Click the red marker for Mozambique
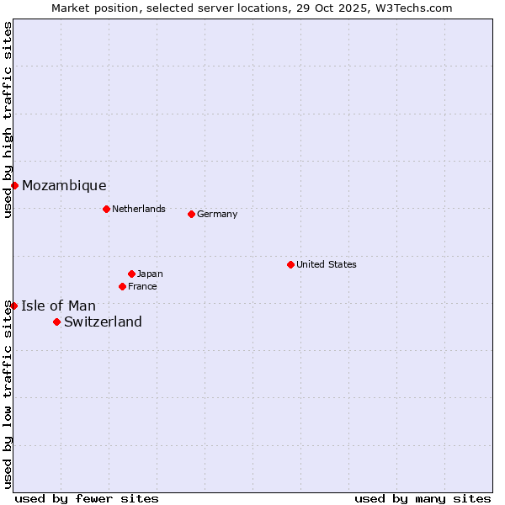pos(14,185)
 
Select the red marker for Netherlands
pos(106,209)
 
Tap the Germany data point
pos(191,214)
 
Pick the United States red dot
pos(290,264)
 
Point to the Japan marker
pos(131,274)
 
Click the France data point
pos(122,286)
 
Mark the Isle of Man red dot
pos(13,306)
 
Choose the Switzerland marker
pos(56,322)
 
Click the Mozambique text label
pos(64,186)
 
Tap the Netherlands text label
pos(139,209)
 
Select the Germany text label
pos(217,214)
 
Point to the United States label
pos(327,264)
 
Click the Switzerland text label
pos(103,322)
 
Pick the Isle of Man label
pos(58,306)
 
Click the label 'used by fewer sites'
pos(87,498)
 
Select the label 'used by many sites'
pos(423,498)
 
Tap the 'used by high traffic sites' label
pos(8,120)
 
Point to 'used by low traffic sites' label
pos(8,394)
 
